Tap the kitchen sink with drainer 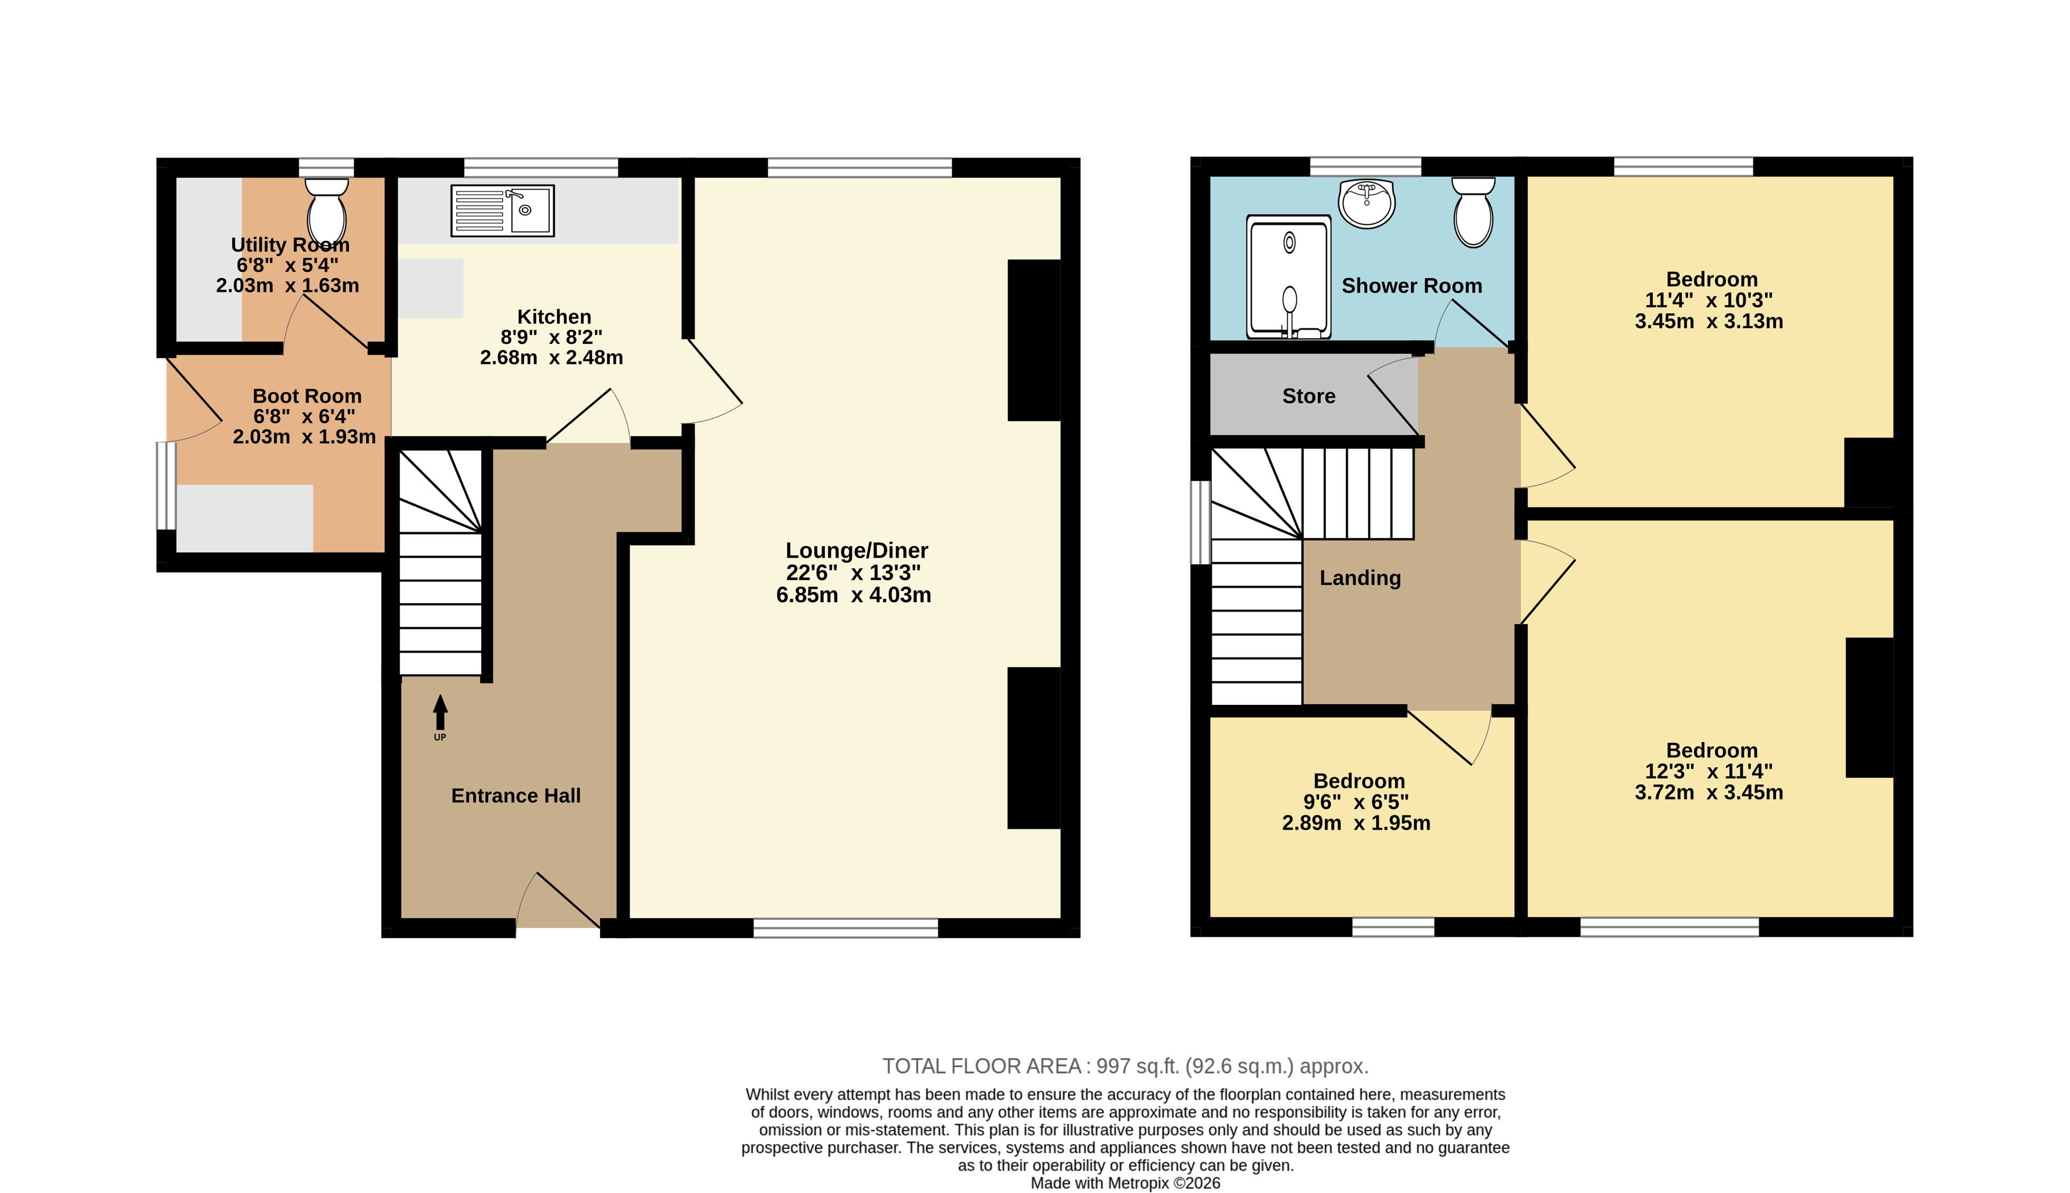pyautogui.click(x=502, y=211)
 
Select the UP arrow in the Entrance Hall pyautogui.click(x=440, y=712)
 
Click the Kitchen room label pyautogui.click(x=554, y=317)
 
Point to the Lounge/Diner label pyautogui.click(x=856, y=551)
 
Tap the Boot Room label pyautogui.click(x=306, y=397)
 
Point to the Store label pyautogui.click(x=1308, y=397)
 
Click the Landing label pyautogui.click(x=1360, y=578)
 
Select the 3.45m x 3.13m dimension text pyautogui.click(x=1709, y=321)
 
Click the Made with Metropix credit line pyautogui.click(x=1125, y=1183)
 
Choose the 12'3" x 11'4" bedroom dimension pyautogui.click(x=1709, y=771)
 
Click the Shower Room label pyautogui.click(x=1411, y=286)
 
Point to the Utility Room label pyautogui.click(x=290, y=245)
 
